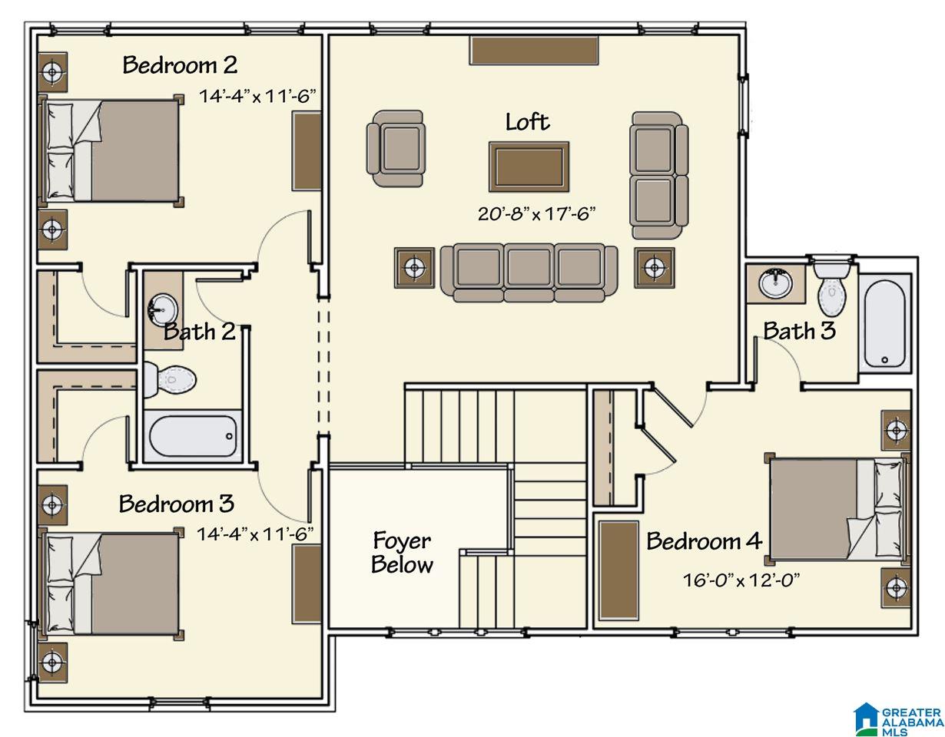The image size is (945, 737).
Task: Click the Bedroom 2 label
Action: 180,65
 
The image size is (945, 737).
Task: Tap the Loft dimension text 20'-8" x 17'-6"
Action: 536,213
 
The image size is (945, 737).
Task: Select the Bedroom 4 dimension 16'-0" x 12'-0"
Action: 741,580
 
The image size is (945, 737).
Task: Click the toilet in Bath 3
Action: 832,287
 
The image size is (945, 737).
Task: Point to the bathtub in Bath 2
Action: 193,436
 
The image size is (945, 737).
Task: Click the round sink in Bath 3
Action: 776,283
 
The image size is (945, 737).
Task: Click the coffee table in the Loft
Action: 529,167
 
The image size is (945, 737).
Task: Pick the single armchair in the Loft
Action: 395,149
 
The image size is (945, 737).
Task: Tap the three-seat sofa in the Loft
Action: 529,273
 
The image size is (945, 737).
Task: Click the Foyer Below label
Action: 403,552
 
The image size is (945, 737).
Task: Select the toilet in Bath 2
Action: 170,379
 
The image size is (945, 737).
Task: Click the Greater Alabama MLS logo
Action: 898,717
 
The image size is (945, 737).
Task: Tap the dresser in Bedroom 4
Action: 618,570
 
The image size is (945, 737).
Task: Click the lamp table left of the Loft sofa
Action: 414,267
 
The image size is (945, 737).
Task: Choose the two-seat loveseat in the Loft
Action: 659,175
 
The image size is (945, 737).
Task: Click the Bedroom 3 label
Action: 177,504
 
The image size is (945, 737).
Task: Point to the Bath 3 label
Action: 799,331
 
